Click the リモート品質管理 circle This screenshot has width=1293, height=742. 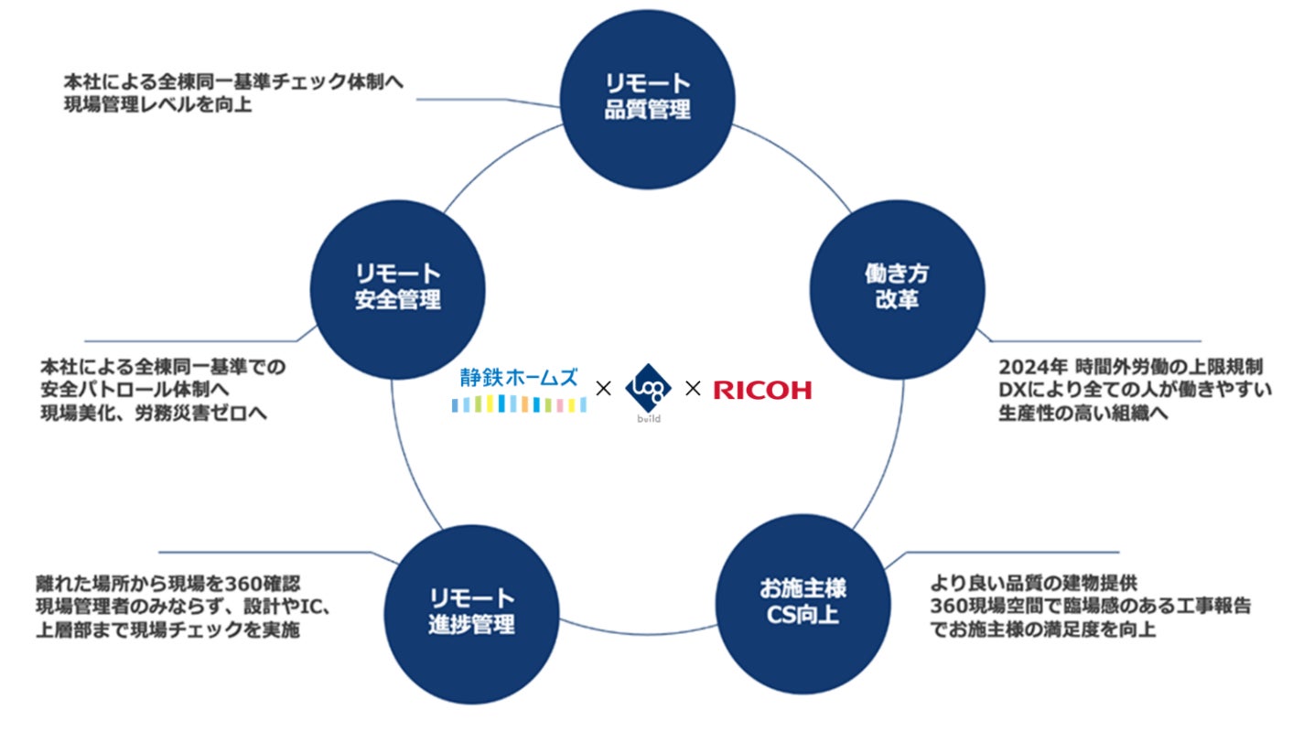(647, 97)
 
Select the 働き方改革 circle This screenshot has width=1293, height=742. (898, 286)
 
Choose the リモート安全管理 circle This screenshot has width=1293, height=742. (397, 286)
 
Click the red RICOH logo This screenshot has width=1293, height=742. (761, 391)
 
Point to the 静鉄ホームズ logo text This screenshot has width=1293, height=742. (520, 377)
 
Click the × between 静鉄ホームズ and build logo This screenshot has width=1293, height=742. (603, 390)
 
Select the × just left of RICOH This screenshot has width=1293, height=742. (693, 390)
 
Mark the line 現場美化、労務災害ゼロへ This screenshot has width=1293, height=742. (154, 414)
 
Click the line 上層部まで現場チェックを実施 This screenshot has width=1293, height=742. (167, 630)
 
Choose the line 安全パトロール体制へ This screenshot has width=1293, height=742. (136, 391)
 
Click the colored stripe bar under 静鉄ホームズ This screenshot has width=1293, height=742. (519, 404)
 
